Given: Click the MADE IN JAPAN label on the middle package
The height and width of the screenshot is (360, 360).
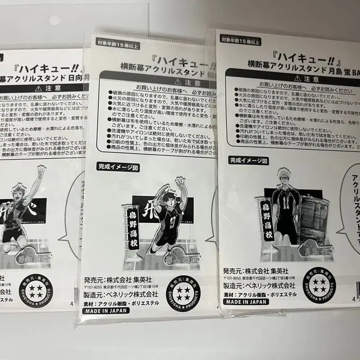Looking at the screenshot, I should pos(106,310).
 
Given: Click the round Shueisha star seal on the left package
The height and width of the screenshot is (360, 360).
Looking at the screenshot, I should pos(36,291).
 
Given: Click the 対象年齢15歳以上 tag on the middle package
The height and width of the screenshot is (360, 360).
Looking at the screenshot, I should pos(118,43).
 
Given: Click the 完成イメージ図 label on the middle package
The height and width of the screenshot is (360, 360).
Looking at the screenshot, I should pos(118,167).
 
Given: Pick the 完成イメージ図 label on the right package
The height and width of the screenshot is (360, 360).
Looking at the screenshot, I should pos(249,160).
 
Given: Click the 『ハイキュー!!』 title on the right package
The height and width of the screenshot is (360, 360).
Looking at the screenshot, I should pos(289,57).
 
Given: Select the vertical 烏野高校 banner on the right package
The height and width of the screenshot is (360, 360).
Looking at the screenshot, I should pos(266,220).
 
